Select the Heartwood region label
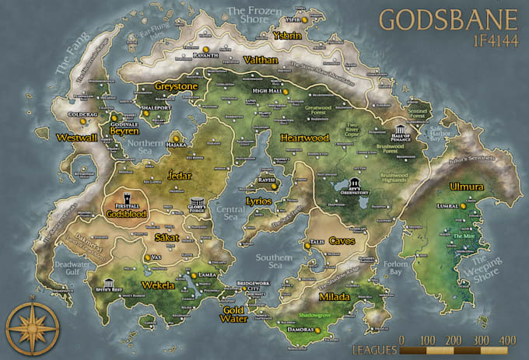(304, 138)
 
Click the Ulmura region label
(466, 187)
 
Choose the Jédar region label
(178, 174)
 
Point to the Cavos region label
(342, 241)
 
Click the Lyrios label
(258, 200)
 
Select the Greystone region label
(175, 86)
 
